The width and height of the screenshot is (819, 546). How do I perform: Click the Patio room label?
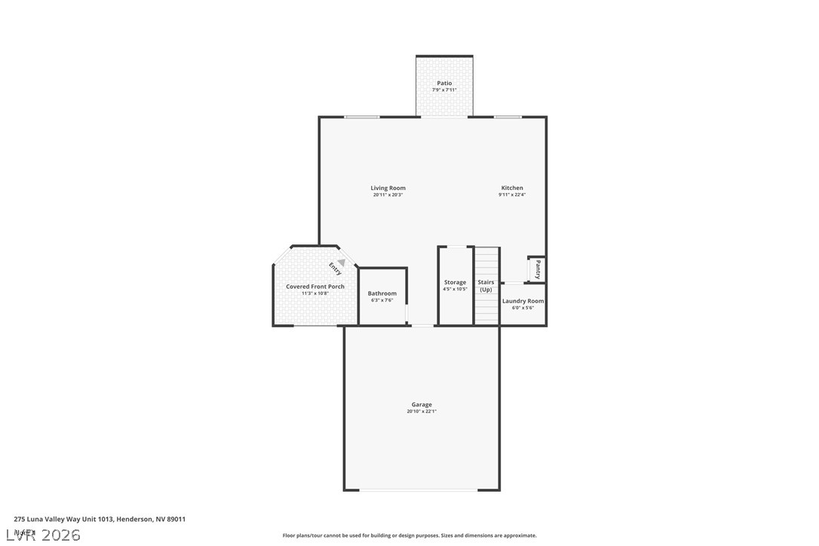[445, 83]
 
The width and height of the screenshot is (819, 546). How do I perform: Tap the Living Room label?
[388, 188]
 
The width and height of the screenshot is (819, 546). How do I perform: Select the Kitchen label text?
[512, 188]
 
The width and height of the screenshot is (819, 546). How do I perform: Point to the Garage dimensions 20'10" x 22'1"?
[422, 411]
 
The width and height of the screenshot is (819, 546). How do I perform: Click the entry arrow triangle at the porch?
[341, 262]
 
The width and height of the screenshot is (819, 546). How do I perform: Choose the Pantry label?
[538, 270]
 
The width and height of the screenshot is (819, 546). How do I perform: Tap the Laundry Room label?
[523, 301]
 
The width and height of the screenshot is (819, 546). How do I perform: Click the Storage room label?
[455, 282]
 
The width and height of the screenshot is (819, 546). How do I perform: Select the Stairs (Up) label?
[486, 286]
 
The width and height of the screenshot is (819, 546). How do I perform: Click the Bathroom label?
[382, 293]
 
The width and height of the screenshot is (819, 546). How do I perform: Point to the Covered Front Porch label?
[315, 287]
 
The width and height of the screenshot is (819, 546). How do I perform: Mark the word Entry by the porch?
[334, 268]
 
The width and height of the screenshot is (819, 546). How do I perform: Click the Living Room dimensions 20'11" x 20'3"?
[388, 195]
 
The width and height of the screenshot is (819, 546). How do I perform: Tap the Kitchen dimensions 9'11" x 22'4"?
[512, 195]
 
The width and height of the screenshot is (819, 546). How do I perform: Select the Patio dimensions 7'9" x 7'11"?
[445, 90]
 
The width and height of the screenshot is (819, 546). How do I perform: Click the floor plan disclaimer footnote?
[409, 535]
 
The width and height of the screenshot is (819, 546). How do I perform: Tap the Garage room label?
[422, 404]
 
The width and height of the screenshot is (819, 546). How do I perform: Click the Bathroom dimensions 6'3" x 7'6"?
[382, 300]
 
